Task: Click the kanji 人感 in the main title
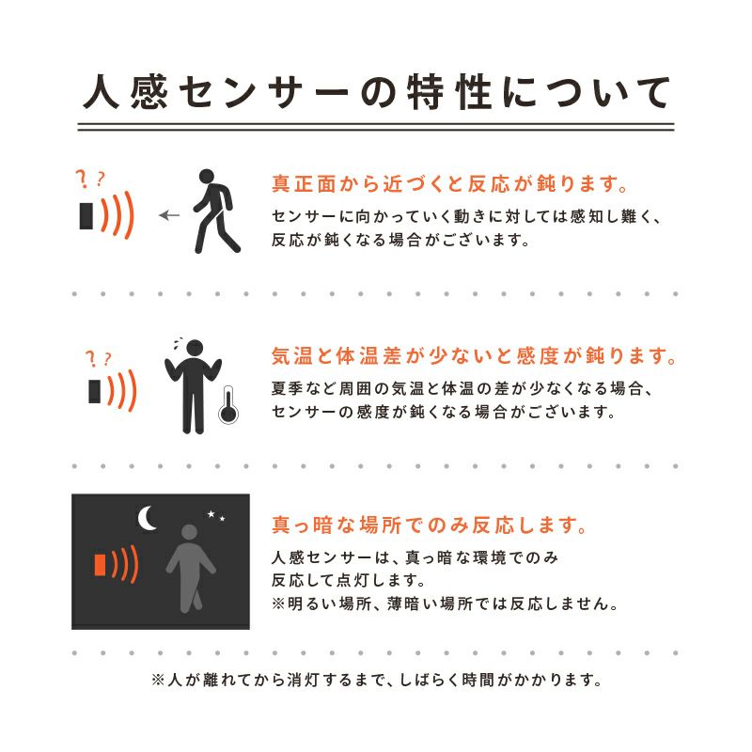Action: [126, 91]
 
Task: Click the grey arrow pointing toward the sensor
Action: [169, 215]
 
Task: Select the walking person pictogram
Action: [216, 211]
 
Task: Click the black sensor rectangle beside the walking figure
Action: [86, 216]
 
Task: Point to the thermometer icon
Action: [228, 405]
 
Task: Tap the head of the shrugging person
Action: [195, 348]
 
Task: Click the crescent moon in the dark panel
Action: [148, 519]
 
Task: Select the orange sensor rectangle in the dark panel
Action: [100, 565]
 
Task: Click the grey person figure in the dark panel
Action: [191, 569]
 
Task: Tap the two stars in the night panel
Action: [216, 515]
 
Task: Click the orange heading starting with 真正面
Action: [450, 184]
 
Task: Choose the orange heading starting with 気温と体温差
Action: [474, 356]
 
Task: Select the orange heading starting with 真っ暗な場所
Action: [430, 525]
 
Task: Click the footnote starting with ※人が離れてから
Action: [377, 680]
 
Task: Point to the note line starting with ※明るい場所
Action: [445, 603]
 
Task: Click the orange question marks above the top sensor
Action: [90, 179]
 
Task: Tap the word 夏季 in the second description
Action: [288, 388]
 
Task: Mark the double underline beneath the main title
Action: [376, 127]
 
